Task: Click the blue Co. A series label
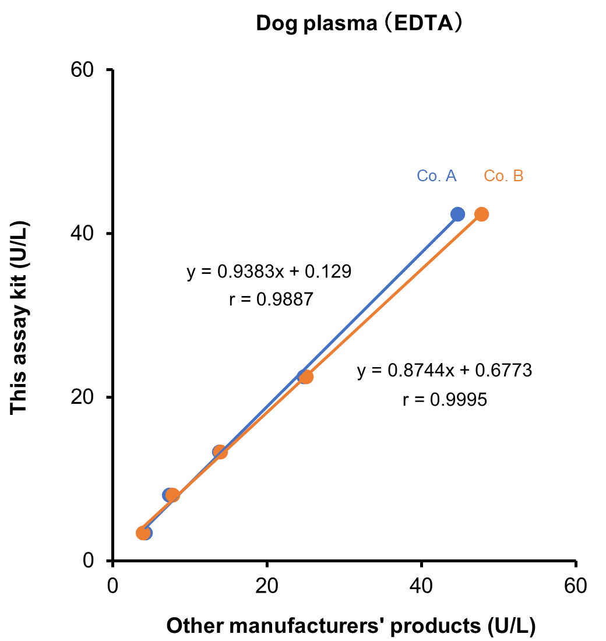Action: [436, 176]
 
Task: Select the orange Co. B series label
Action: [503, 176]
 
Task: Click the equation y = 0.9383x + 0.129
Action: [269, 272]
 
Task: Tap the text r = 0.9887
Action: [272, 300]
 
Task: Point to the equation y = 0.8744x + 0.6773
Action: [445, 371]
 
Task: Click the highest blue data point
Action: [457, 214]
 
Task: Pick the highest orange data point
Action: [481, 214]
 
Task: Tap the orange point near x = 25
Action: [306, 376]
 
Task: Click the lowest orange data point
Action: [142, 533]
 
